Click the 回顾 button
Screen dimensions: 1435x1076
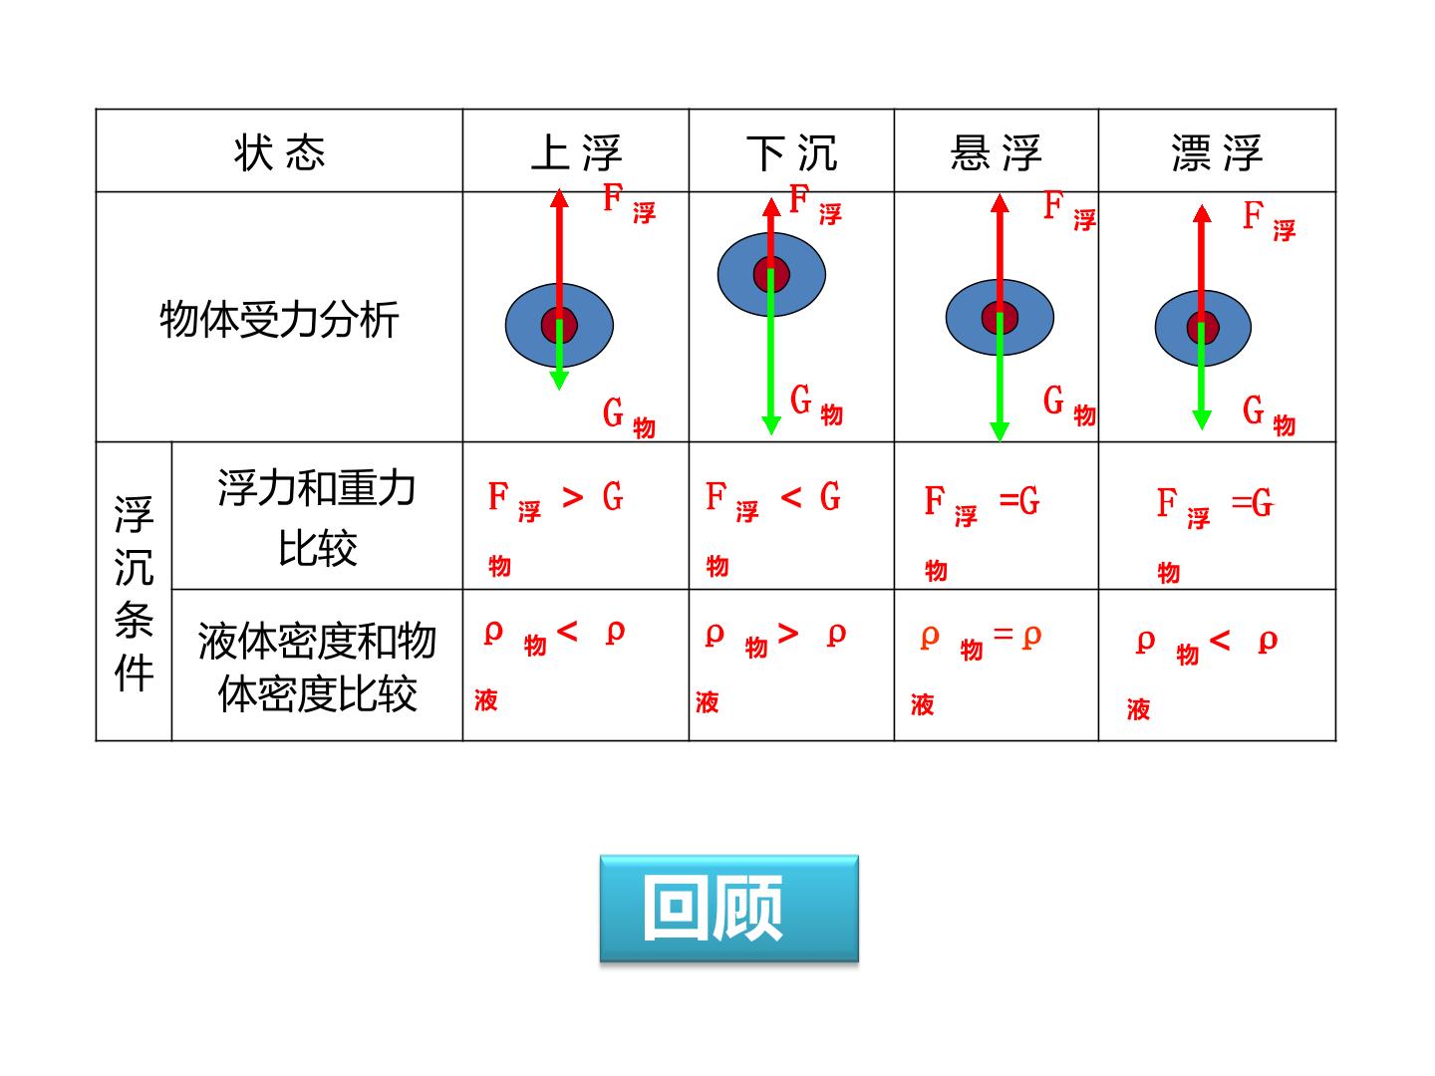pyautogui.click(x=728, y=908)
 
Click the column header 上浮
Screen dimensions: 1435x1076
pyautogui.click(x=576, y=152)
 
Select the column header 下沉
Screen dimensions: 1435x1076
pyautogui.click(x=791, y=152)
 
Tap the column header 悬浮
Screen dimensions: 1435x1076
pyautogui.click(x=996, y=152)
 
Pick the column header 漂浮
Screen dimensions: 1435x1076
pyautogui.click(x=1217, y=152)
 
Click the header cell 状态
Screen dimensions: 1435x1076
pyautogui.click(x=280, y=152)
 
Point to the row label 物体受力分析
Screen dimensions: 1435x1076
pyautogui.click(x=279, y=320)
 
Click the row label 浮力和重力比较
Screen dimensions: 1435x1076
pyautogui.click(x=317, y=517)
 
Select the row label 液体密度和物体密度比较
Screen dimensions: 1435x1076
pyautogui.click(x=317, y=668)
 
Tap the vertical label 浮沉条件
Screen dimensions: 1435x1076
pyautogui.click(x=134, y=593)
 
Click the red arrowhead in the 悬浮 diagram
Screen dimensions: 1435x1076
pyautogui.click(x=999, y=203)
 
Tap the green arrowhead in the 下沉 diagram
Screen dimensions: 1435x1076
pyautogui.click(x=771, y=424)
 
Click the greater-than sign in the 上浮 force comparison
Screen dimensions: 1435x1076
pyautogui.click(x=573, y=498)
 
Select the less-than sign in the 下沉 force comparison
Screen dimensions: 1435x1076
pyautogui.click(x=791, y=498)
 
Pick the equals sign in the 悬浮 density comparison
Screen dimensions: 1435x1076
pyautogui.click(x=1003, y=633)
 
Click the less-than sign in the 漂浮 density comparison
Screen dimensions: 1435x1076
pyautogui.click(x=1220, y=641)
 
